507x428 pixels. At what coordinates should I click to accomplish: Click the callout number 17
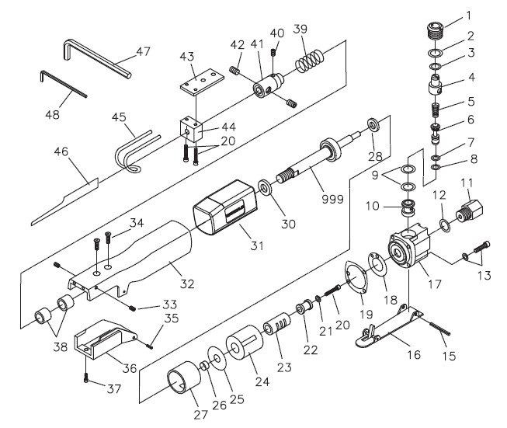coord(433,285)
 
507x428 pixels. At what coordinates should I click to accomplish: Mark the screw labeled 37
coord(85,379)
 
